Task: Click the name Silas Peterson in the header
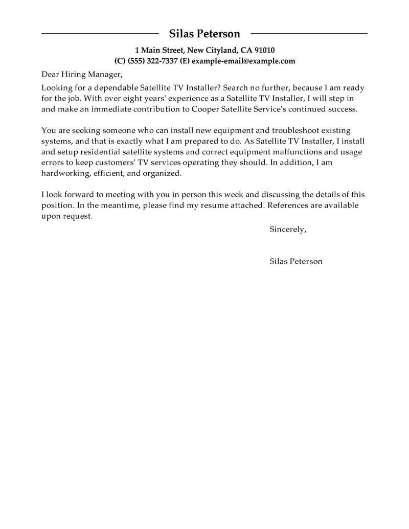click(x=204, y=34)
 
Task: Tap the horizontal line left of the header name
click(x=100, y=34)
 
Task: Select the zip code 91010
click(x=264, y=50)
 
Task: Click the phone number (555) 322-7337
click(x=151, y=61)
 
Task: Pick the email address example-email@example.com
click(x=243, y=61)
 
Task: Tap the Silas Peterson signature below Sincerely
click(x=296, y=261)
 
